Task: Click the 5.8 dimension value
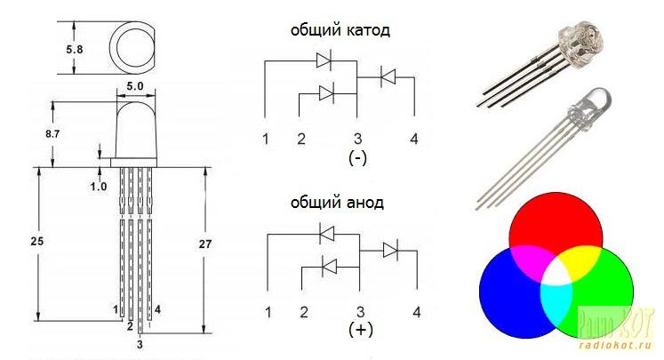tap(74, 49)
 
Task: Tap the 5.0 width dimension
tap(134, 86)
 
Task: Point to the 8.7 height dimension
tap(52, 134)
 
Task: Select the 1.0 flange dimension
tap(99, 186)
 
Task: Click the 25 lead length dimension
tap(36, 241)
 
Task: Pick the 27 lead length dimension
tap(205, 244)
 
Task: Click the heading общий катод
tap(340, 30)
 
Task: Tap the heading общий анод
tap(337, 203)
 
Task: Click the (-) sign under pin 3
tap(358, 158)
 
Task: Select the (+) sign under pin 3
tap(361, 330)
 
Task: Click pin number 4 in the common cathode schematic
tap(414, 139)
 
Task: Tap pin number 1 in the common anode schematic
tap(268, 312)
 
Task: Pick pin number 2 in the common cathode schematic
tap(301, 139)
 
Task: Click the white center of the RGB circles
tap(556, 276)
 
